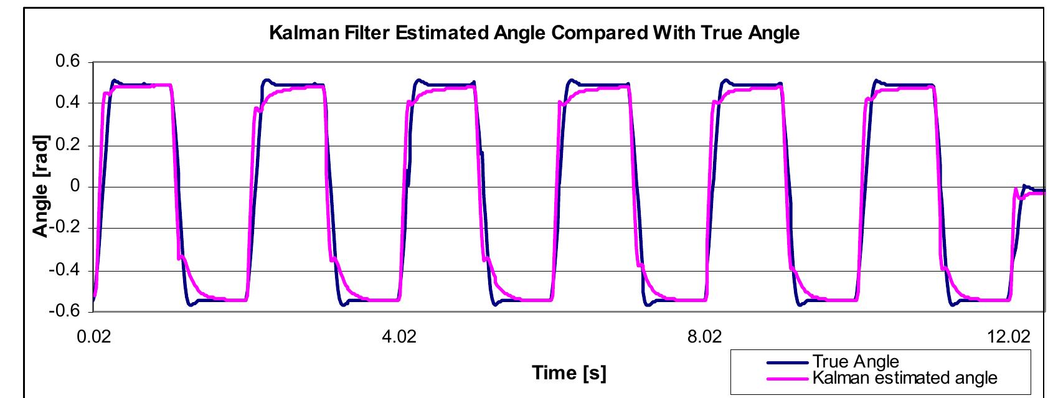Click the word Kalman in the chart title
pos(300,32)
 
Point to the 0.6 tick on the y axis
pos(68,62)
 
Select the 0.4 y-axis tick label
pos(68,103)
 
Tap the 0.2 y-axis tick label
pos(68,145)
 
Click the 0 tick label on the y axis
pos(77,187)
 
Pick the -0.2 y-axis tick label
pos(65,229)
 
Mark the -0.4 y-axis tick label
pos(65,270)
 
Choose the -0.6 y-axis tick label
pos(65,312)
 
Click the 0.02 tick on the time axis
pos(93,337)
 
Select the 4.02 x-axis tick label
pos(399,337)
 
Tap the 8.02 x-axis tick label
pos(704,337)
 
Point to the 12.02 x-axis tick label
pos(1009,337)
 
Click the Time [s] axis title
pos(569,372)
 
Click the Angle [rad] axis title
pos(40,187)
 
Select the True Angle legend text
pos(855,362)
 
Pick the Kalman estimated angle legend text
pos(904,377)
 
